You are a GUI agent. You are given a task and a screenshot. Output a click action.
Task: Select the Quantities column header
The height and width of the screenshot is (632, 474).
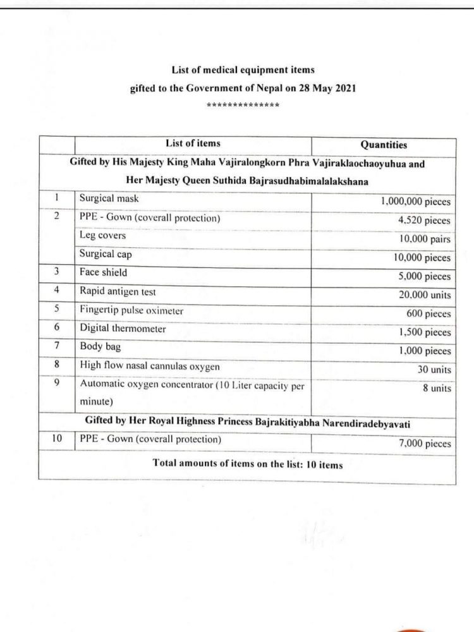click(384, 145)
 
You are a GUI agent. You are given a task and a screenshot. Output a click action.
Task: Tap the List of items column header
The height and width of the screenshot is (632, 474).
click(193, 143)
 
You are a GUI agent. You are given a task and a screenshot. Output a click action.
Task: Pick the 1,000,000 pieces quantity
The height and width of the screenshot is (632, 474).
click(416, 202)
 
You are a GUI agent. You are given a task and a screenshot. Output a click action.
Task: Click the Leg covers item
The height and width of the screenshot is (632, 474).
click(102, 235)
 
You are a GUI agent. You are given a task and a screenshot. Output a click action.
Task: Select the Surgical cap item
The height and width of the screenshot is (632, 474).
click(106, 254)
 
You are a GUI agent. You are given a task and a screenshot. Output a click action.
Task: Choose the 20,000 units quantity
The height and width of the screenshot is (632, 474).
click(423, 295)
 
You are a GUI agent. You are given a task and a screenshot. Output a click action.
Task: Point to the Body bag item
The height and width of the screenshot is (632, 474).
click(100, 346)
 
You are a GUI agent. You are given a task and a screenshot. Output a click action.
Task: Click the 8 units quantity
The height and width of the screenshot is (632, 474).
click(437, 388)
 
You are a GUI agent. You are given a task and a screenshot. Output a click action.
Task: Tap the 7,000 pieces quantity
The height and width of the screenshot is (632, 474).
click(425, 444)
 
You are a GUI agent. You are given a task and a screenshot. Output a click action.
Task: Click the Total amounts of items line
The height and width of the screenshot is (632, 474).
click(247, 465)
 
